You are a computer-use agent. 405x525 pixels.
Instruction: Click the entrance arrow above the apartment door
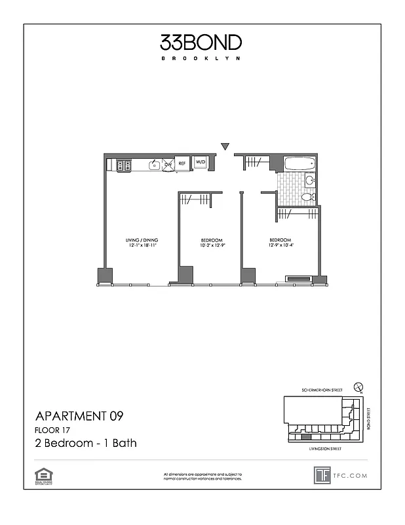pos(225,146)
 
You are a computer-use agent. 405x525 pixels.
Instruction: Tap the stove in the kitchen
pos(123,165)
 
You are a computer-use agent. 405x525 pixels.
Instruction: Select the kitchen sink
pos(153,165)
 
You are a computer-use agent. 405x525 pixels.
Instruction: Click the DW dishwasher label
pos(168,164)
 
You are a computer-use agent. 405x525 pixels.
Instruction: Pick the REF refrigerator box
pos(182,163)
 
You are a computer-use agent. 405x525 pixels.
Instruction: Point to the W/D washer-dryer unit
pos(201,163)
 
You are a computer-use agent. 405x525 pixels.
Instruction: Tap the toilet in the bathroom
pos(307,196)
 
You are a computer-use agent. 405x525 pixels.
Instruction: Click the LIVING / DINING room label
pos(142,240)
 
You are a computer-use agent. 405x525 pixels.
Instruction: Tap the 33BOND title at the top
pos(201,43)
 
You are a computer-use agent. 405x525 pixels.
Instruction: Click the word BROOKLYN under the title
pos(201,59)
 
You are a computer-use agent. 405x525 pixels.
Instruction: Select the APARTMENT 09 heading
pos(79,415)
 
